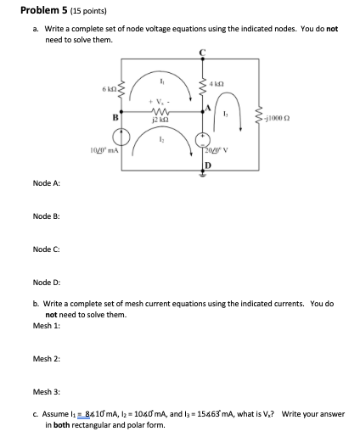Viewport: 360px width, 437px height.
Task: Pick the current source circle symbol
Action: click(x=125, y=137)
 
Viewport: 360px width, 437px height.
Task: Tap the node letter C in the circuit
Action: click(x=202, y=53)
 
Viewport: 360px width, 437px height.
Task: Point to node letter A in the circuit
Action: click(x=208, y=108)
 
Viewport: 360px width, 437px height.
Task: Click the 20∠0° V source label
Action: click(x=221, y=149)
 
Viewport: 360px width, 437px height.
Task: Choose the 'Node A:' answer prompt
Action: click(x=46, y=183)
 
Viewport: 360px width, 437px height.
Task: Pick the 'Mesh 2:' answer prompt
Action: click(x=46, y=359)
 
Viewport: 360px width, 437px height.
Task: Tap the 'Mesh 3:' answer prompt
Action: click(x=46, y=392)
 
